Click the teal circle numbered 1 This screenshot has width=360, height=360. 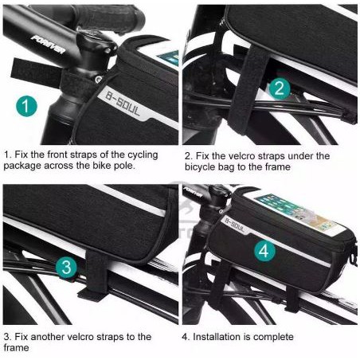tap(26, 106)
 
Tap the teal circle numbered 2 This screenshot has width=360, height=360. tap(280, 88)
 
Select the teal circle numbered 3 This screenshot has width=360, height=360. tap(66, 267)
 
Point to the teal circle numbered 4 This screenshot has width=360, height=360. tap(264, 251)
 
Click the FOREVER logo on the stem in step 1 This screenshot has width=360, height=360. tap(49, 44)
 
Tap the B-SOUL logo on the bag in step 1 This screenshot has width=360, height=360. tap(123, 104)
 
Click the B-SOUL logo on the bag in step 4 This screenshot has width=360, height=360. tap(234, 224)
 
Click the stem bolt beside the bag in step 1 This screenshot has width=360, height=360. tap(98, 79)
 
